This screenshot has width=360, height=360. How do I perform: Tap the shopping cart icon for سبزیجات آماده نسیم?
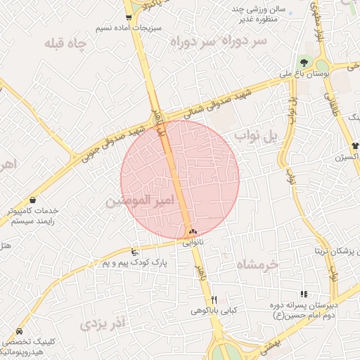click(x=128, y=18)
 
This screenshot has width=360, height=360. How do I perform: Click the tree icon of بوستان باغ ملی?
click(x=304, y=63)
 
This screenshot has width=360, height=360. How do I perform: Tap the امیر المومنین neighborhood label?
click(x=139, y=201)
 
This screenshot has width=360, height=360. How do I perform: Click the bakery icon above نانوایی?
click(x=193, y=232)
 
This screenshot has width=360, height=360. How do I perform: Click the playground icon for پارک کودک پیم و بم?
click(x=135, y=252)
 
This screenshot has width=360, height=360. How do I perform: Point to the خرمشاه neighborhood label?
click(x=258, y=264)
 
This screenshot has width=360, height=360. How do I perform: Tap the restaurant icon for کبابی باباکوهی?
click(x=214, y=299)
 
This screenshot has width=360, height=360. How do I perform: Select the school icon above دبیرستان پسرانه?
click(x=304, y=294)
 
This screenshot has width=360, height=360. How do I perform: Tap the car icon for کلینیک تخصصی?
click(x=18, y=330)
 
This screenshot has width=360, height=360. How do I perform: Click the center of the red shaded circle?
click(x=180, y=179)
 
